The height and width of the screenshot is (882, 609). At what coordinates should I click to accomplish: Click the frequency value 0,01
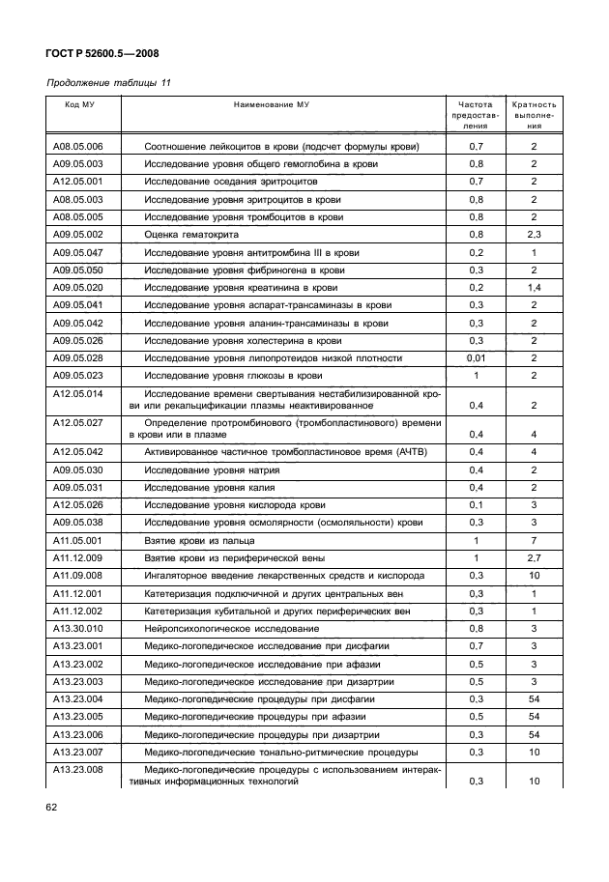pos(476,357)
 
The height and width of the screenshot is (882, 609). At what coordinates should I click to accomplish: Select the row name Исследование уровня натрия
pos(211,470)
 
